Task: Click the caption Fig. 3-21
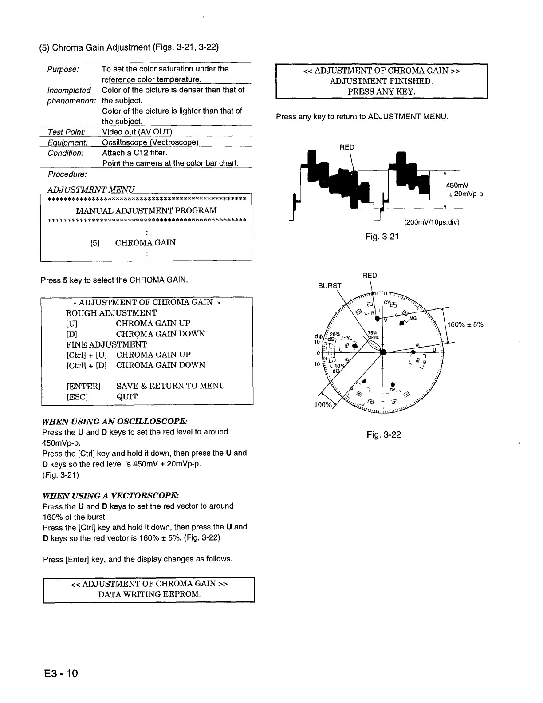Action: tap(382, 237)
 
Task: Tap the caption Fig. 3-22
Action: tap(384, 434)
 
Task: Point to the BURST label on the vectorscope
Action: tap(330, 286)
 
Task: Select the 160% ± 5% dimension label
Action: tap(465, 324)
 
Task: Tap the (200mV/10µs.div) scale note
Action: tap(431, 222)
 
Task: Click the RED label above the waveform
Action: tap(347, 147)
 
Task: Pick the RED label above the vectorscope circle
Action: tap(370, 276)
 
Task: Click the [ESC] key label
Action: tap(77, 397)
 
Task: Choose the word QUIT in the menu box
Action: tap(127, 397)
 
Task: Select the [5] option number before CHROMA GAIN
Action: tap(94, 243)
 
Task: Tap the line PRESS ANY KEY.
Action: tap(381, 92)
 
